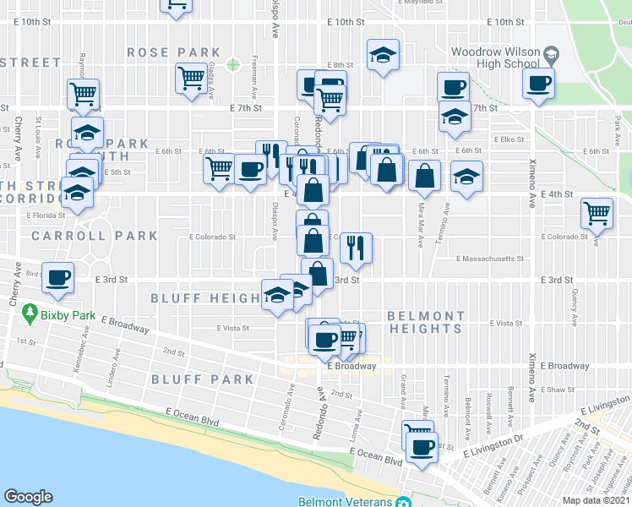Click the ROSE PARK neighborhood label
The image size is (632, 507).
pyautogui.click(x=173, y=52)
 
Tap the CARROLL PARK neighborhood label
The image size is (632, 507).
pyautogui.click(x=95, y=236)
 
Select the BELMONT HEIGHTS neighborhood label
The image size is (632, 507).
pyautogui.click(x=426, y=322)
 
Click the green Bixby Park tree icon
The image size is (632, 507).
pyautogui.click(x=30, y=313)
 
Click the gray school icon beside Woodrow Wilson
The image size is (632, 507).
pyautogui.click(x=552, y=54)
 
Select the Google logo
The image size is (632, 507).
pyautogui.click(x=28, y=497)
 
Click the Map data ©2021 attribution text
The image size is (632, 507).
pyautogui.click(x=597, y=500)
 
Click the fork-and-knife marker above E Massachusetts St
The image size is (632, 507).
pyautogui.click(x=356, y=248)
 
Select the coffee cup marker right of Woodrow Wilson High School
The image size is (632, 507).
pyautogui.click(x=538, y=84)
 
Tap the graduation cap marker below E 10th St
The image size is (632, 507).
pyautogui.click(x=383, y=56)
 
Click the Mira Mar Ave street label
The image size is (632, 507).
pyautogui.click(x=420, y=227)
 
